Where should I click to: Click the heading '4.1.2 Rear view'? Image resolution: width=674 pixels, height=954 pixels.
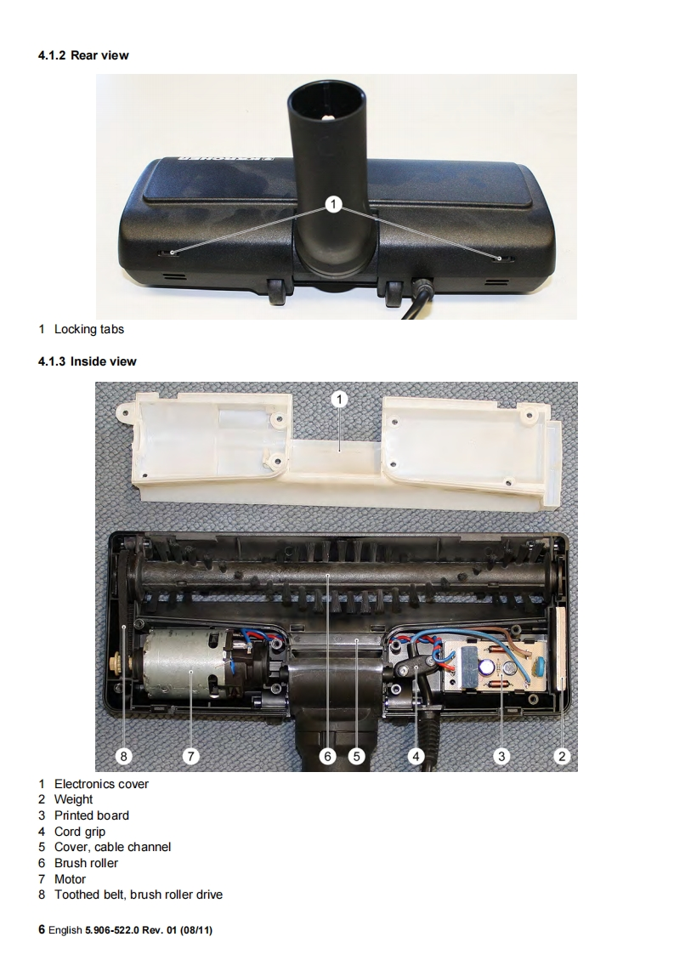(83, 55)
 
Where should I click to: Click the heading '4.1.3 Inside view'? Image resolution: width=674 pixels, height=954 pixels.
(87, 361)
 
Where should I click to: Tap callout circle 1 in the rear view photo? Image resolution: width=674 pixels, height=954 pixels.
(333, 204)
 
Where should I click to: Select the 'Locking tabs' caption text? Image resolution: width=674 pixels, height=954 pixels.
(88, 329)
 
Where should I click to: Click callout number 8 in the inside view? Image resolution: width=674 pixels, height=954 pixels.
(123, 756)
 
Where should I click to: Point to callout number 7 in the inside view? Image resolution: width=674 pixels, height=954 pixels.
(191, 756)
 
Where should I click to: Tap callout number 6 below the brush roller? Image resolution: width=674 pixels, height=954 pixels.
(328, 756)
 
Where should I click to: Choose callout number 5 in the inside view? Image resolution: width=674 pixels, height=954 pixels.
(356, 756)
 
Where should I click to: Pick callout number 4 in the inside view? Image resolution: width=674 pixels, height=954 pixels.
(416, 756)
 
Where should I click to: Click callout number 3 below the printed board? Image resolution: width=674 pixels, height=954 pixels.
(501, 756)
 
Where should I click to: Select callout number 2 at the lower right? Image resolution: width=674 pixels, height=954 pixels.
(562, 756)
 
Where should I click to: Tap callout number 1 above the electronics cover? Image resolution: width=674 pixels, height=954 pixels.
(339, 399)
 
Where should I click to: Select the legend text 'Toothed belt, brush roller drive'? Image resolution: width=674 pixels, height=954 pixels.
(138, 894)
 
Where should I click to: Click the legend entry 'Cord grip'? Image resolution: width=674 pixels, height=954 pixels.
(80, 832)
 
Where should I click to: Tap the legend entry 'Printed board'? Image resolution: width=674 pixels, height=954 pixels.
(91, 815)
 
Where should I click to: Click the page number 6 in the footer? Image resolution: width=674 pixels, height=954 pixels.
(42, 929)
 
